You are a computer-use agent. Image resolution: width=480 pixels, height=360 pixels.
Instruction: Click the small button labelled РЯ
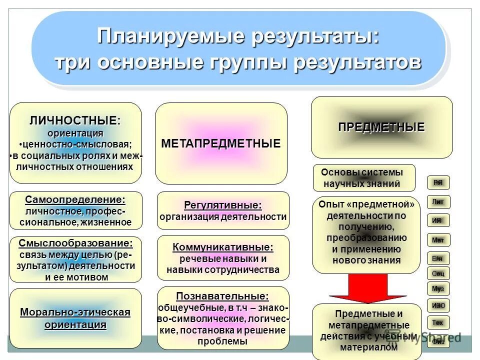point(438,182)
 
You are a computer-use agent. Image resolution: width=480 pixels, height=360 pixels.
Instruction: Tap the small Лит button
point(438,202)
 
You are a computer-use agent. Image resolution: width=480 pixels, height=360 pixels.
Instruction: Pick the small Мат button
point(438,240)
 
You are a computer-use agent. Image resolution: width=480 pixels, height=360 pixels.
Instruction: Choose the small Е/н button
point(438,258)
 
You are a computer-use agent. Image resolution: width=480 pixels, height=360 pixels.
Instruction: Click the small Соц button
point(438,273)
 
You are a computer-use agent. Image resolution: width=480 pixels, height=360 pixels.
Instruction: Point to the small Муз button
point(438,288)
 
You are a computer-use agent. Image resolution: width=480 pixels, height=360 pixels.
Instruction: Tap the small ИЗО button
point(438,305)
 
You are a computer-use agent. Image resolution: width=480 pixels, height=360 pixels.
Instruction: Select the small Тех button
point(438,322)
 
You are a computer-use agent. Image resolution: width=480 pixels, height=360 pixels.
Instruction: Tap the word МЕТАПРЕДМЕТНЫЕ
point(221,143)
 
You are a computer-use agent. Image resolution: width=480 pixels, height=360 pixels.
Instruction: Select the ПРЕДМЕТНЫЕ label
point(381,127)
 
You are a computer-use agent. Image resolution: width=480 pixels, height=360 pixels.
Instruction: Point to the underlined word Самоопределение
point(75,199)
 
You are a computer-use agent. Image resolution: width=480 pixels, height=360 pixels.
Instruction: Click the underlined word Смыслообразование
point(75,243)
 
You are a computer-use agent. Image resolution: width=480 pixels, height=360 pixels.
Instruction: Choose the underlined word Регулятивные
point(223,205)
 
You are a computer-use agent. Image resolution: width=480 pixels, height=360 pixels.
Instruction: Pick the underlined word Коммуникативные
point(223,247)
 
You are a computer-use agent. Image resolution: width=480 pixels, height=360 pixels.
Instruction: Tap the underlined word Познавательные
point(222,295)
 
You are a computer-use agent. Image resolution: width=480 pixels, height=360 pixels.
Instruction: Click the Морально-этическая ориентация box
point(75,318)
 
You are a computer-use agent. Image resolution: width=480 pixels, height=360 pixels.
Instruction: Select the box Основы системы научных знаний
point(364,177)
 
